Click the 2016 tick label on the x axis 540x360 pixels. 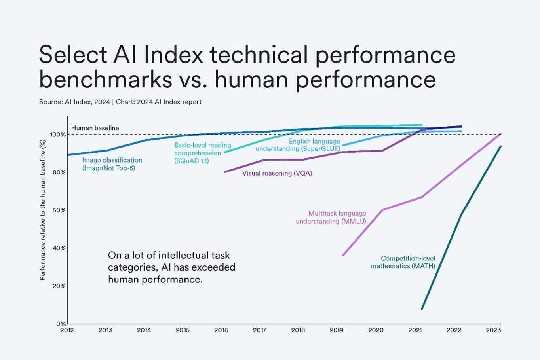[221, 330]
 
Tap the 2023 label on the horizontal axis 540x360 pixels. [493, 330]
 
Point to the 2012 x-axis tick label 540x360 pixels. [67, 330]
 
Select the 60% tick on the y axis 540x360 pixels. [59, 210]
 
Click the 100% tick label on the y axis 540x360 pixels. [58, 135]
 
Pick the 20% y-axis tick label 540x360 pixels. [59, 286]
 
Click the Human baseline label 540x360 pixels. [95, 128]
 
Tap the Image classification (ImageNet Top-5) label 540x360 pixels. [112, 164]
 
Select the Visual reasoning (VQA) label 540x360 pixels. [277, 173]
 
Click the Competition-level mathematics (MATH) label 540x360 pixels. [403, 262]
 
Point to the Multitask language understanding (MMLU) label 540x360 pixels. [331, 217]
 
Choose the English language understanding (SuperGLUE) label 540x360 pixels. [298, 145]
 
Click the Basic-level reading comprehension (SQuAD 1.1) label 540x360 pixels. [202, 153]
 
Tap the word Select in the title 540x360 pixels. [73, 54]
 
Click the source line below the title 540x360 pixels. [120, 102]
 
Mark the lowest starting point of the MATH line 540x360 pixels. [422, 309]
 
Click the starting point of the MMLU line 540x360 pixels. [343, 255]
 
